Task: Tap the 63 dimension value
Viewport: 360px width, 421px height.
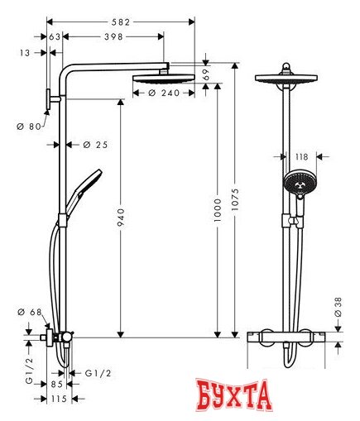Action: (55, 37)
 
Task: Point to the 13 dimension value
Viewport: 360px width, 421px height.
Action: (25, 52)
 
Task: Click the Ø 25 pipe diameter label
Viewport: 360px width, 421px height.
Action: (97, 146)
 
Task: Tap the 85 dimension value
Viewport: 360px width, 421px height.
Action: (55, 383)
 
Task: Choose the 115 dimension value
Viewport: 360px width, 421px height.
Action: (55, 399)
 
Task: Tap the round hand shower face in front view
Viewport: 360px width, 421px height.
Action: (295, 181)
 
